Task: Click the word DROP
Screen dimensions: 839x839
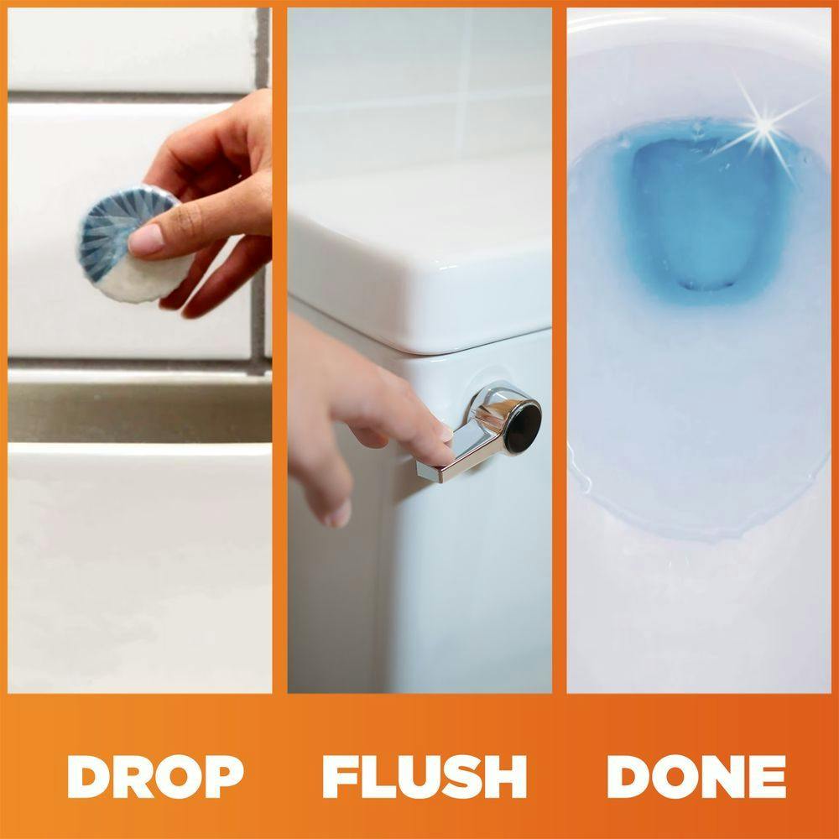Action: pos(155,776)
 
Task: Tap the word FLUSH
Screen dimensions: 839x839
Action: pos(425,776)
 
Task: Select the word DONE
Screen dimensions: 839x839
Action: pos(696,776)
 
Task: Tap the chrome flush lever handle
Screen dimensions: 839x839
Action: pos(479,432)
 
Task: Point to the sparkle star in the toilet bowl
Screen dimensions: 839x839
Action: pos(765,127)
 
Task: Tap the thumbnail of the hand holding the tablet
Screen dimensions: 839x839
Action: pos(146,240)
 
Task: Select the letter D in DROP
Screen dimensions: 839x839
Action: pos(88,776)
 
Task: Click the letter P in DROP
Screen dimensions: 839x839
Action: pos(224,776)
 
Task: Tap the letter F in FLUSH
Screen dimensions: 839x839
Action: pos(339,776)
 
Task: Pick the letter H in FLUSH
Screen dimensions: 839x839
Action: pos(506,776)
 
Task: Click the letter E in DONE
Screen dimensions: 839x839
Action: pos(769,776)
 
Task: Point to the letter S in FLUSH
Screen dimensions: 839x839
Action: pos(462,776)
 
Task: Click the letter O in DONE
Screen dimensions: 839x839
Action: pos(675,776)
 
